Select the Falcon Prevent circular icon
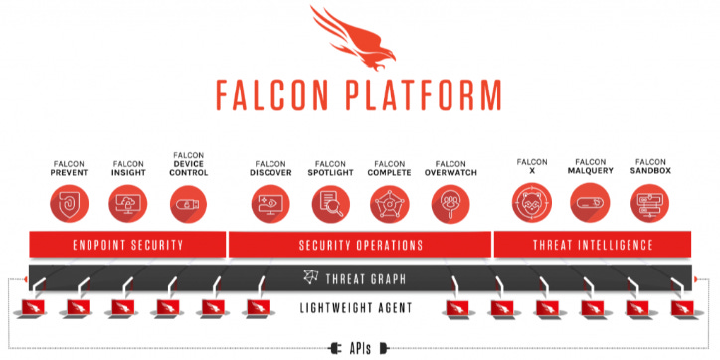pos(70,204)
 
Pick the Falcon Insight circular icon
pos(128,204)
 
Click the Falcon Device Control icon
pos(189,204)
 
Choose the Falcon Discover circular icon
pos(270,204)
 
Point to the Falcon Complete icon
pos(389,204)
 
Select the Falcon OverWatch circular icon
pos(450,204)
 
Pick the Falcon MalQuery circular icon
pos(590,204)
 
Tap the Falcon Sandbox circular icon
pos(650,204)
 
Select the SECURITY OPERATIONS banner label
pos(360,245)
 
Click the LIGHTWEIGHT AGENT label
pos(360,308)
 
